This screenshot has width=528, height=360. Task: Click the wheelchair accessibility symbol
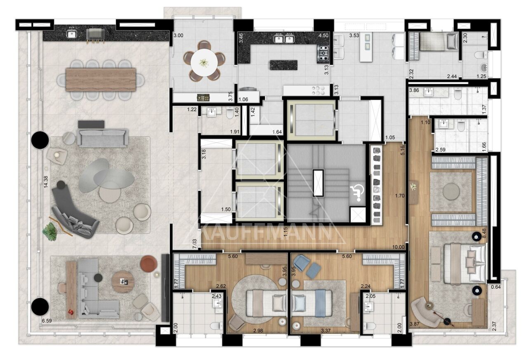[357, 193]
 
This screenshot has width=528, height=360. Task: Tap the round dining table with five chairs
[204, 62]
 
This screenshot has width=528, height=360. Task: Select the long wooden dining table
[101, 80]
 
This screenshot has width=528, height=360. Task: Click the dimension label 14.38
[46, 182]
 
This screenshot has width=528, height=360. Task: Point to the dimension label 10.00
[398, 247]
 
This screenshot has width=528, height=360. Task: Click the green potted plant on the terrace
[50, 231]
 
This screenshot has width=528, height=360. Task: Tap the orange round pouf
[148, 264]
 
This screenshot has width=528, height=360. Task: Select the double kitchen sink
[284, 38]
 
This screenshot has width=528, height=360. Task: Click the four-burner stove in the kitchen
[323, 54]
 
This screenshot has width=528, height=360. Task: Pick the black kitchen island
[283, 65]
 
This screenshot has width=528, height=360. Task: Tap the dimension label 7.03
[194, 244]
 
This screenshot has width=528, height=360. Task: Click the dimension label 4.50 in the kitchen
[323, 35]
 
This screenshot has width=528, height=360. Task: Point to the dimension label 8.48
[485, 233]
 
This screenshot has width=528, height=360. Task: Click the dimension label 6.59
[47, 321]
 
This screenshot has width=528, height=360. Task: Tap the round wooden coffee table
[123, 282]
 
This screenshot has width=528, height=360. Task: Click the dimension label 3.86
[414, 90]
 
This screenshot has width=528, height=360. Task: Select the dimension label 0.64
[496, 287]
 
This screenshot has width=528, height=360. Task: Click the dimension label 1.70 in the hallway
[400, 195]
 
